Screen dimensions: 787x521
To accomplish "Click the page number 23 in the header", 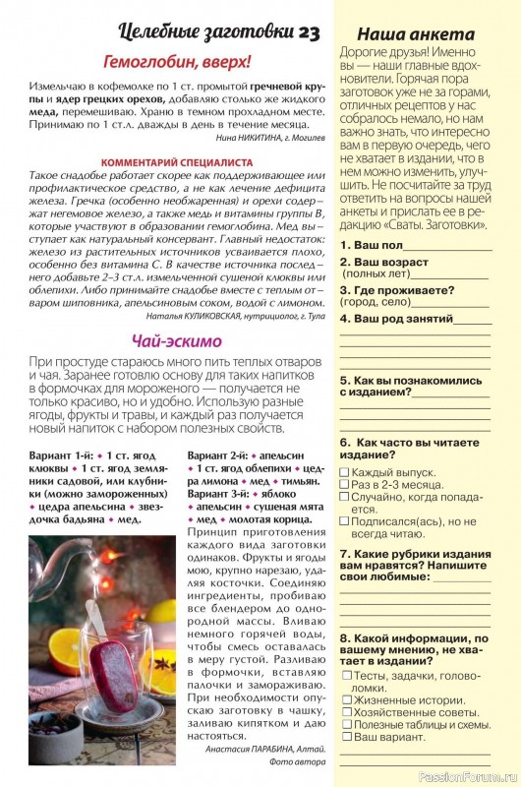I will tap(308, 32).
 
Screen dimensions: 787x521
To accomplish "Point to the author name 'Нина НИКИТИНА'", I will tap(232, 139).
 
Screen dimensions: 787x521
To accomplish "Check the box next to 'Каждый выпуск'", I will tap(345, 473).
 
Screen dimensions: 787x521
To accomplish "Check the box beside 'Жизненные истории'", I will tap(345, 699).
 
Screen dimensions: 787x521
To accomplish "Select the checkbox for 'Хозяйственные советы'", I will tap(345, 712).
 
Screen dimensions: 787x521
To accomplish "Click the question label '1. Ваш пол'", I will tap(371, 245).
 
